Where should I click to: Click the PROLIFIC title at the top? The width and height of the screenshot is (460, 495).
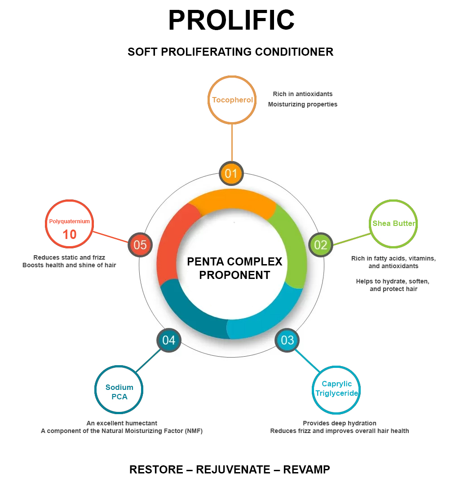(x=231, y=20)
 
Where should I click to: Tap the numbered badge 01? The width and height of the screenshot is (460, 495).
(x=231, y=173)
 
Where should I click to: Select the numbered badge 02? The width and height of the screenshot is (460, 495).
(x=321, y=245)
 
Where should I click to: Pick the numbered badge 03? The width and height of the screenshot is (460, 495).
(x=287, y=340)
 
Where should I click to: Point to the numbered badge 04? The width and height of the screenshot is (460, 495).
(x=169, y=340)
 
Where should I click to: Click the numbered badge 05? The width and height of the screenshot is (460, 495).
(x=140, y=245)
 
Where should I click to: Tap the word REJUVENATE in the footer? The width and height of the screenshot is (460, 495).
(x=233, y=469)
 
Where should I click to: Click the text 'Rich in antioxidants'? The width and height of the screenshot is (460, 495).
(x=302, y=94)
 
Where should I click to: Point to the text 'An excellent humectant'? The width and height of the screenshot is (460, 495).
(x=122, y=423)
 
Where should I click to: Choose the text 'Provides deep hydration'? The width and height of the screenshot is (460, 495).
(x=340, y=423)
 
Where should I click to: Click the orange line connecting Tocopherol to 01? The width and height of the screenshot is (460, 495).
(x=232, y=143)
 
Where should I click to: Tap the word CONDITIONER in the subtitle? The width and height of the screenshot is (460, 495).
(x=294, y=52)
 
